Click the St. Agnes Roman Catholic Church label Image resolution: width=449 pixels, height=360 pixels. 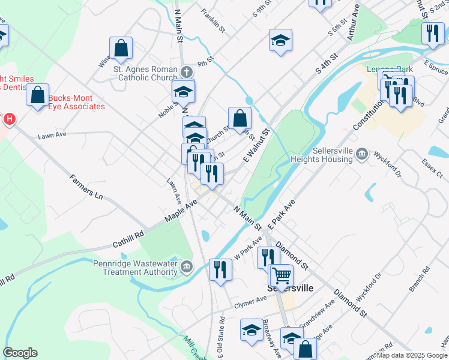145,73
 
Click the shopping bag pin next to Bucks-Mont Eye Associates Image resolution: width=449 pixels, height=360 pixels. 38,95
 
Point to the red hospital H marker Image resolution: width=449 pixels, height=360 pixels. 8,119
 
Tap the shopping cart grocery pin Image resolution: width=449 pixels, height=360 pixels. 281,275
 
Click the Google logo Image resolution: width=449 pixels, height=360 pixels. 20,353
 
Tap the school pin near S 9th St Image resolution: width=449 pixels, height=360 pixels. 280,40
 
